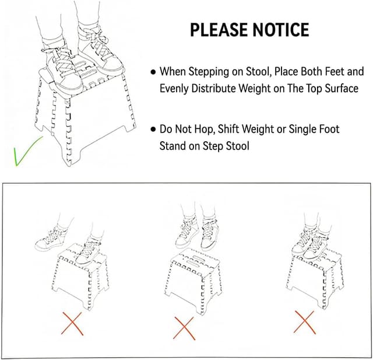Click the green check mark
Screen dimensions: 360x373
pos(27,151)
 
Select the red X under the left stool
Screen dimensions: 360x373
pos(71,322)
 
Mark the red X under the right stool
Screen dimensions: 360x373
pos(305,321)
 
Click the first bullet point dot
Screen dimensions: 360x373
pos(153,72)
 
